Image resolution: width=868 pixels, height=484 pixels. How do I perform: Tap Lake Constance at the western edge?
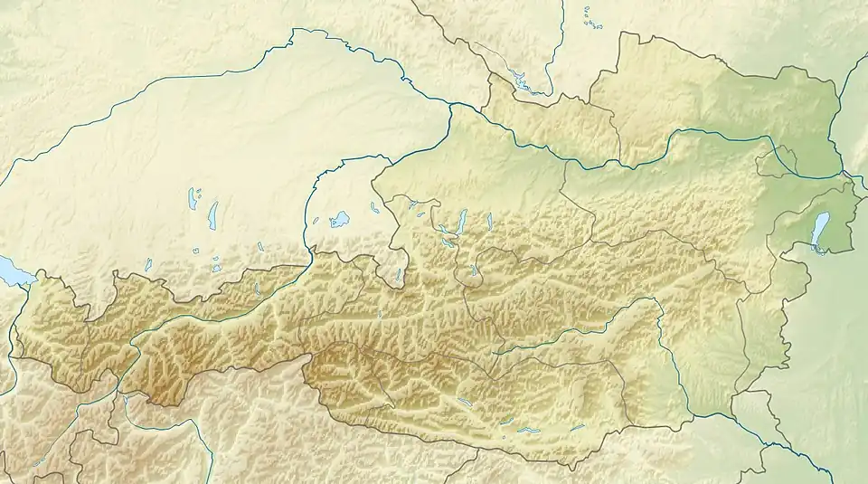[x=11, y=270]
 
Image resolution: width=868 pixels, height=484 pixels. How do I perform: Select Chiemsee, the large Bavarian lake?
[x=340, y=219]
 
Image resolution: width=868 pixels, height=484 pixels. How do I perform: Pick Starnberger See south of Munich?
[x=213, y=214]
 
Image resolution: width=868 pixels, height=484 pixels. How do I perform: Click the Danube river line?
[x=633, y=163]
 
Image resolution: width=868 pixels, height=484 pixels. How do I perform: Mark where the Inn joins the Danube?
[x=449, y=106]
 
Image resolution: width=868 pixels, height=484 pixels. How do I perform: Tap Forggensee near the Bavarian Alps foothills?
[x=148, y=264]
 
